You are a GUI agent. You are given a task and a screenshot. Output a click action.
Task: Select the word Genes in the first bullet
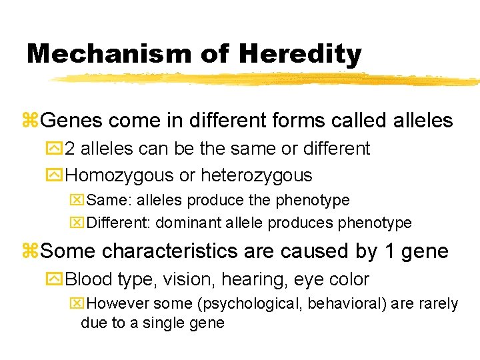(71, 121)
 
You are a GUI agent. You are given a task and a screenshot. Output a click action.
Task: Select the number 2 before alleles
(71, 148)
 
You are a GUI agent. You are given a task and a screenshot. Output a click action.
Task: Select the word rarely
(435, 304)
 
